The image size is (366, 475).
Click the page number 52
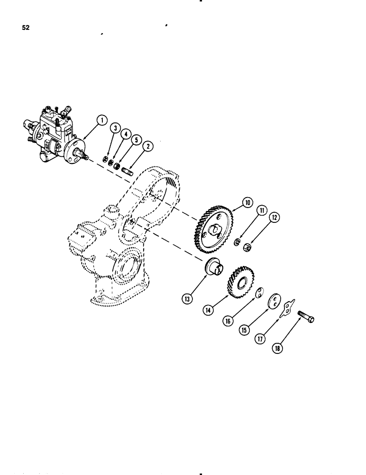(25, 28)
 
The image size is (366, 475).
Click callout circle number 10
(246, 203)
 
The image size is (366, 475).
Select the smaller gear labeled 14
(242, 283)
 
